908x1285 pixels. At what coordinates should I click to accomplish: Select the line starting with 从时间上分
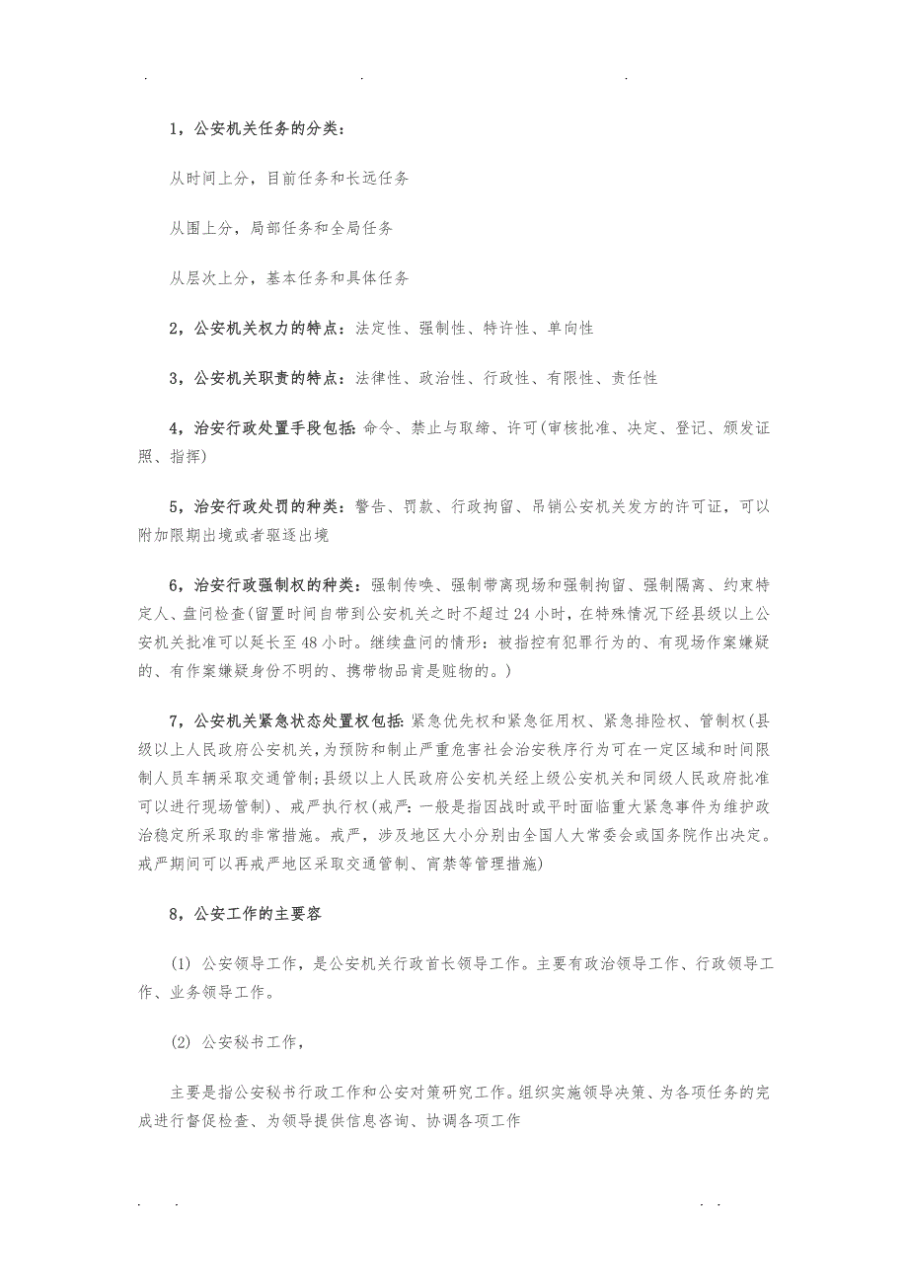pyautogui.click(x=290, y=179)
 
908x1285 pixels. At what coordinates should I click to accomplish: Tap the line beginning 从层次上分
pyautogui.click(x=290, y=278)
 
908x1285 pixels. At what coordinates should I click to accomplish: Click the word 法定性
pyautogui.click(x=379, y=328)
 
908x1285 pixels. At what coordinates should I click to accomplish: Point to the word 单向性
pyautogui.click(x=570, y=328)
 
